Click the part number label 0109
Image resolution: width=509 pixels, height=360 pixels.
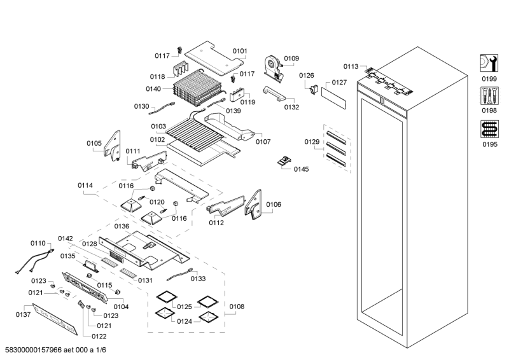(x=291, y=59)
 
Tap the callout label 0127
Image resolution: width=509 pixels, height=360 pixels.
(x=339, y=83)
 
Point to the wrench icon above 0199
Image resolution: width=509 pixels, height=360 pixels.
(x=489, y=63)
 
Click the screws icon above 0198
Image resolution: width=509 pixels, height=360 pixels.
(x=489, y=97)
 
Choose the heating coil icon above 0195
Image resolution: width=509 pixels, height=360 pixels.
(x=489, y=130)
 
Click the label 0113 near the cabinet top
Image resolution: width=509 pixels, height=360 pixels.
(x=351, y=66)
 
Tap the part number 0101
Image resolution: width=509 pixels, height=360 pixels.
(x=240, y=51)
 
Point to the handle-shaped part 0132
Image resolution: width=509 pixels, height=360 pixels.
(x=274, y=95)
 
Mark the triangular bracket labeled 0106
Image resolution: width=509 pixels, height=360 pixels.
(x=258, y=203)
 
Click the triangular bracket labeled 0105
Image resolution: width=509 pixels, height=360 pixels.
(x=114, y=146)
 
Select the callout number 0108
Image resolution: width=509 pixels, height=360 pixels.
(x=237, y=307)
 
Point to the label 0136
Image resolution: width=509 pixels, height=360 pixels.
(x=122, y=226)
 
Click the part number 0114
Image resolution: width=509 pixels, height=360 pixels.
(x=85, y=185)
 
